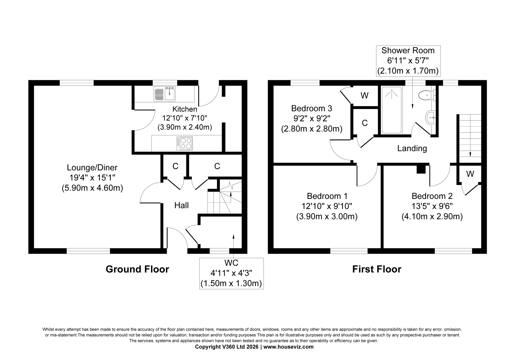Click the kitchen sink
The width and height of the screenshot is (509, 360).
click(x=164, y=94)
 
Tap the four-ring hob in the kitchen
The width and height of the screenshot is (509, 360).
click(x=185, y=143)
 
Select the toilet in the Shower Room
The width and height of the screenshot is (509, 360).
click(x=427, y=95)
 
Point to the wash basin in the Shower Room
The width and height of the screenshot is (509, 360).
click(x=430, y=117)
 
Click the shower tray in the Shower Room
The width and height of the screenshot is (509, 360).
click(x=392, y=110)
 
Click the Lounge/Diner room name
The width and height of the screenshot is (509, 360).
click(x=92, y=168)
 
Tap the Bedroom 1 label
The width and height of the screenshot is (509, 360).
click(x=327, y=196)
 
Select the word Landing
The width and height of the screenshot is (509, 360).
click(x=412, y=149)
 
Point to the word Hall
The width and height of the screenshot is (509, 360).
click(x=181, y=205)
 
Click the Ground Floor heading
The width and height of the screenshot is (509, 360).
click(x=137, y=269)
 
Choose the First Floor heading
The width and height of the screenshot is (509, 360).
click(x=377, y=269)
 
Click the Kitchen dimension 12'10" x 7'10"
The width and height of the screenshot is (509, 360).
click(x=185, y=118)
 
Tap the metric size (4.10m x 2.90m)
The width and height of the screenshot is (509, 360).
click(x=432, y=216)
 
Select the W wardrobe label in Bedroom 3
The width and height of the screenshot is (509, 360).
click(x=365, y=95)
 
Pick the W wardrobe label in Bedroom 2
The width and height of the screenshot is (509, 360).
click(x=470, y=174)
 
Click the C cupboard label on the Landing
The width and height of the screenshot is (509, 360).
click(x=365, y=123)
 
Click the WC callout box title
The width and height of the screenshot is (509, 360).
click(x=231, y=263)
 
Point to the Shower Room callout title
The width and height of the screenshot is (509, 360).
click(x=408, y=51)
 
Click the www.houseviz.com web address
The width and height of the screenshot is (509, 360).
click(x=288, y=347)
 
